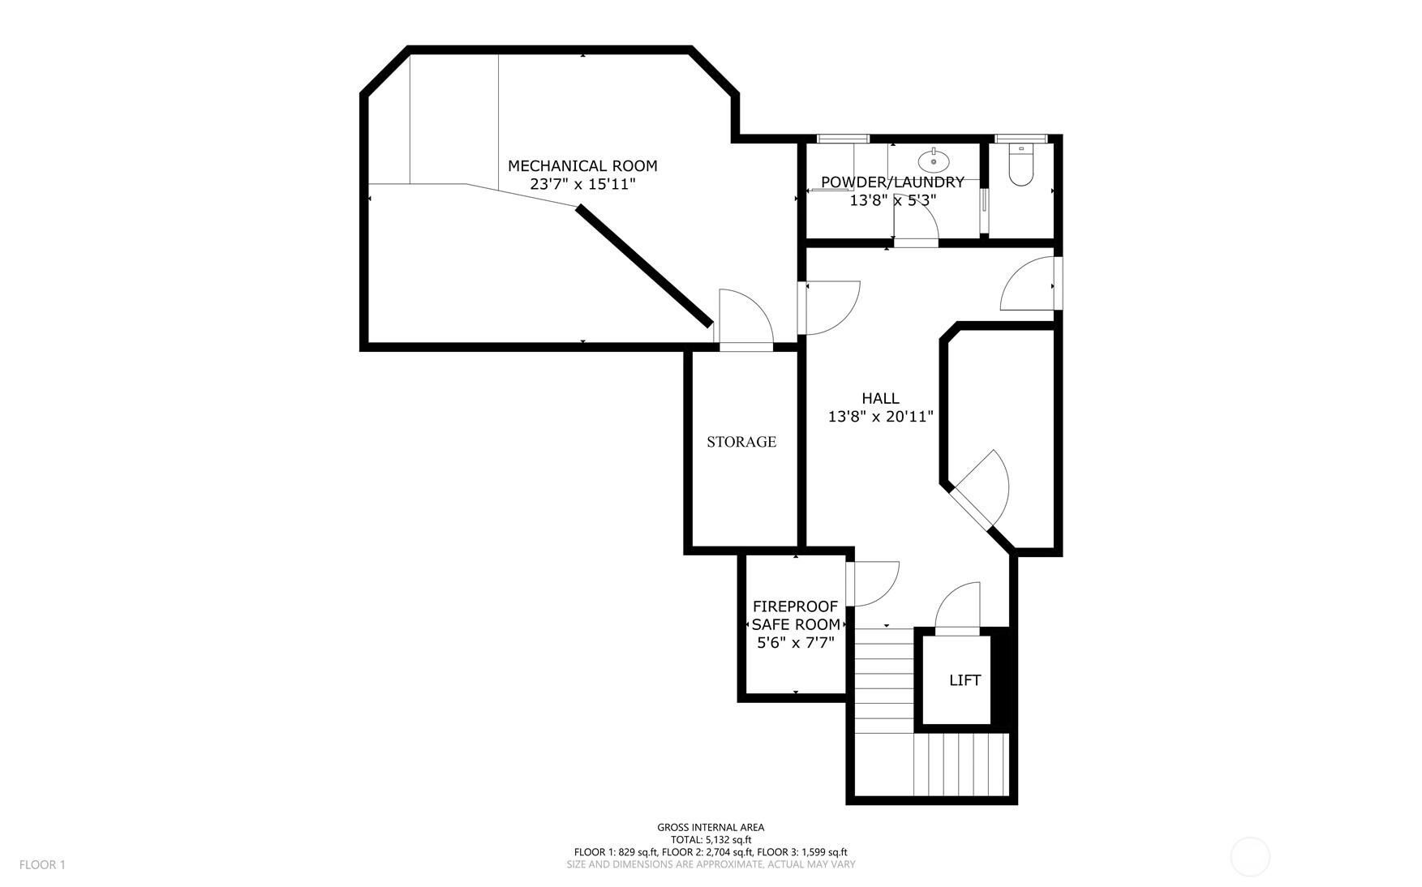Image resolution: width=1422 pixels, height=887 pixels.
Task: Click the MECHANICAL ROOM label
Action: [x=582, y=166]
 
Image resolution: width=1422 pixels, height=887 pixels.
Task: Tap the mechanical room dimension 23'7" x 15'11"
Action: [x=582, y=185]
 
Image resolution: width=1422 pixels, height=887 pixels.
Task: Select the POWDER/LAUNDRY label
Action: [x=892, y=182]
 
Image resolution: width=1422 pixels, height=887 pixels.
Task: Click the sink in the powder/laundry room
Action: [x=934, y=159]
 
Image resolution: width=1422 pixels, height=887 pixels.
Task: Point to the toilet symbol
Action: [x=1020, y=165]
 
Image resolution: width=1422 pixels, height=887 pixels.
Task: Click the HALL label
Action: [x=880, y=399]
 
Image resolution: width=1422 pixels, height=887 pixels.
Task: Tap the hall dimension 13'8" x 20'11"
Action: [x=880, y=418]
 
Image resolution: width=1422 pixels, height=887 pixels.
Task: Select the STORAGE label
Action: [x=741, y=442]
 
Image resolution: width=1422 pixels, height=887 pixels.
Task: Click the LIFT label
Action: [x=964, y=680]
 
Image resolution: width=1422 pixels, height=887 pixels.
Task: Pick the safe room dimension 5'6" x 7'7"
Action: [x=795, y=643]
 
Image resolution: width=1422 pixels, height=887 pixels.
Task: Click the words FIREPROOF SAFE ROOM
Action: [x=795, y=615]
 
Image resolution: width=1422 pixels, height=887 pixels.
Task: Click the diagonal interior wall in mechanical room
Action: [x=645, y=266]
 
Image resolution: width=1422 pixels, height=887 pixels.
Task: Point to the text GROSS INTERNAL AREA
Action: [x=711, y=828]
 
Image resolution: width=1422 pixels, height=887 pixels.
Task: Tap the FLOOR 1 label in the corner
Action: [x=42, y=865]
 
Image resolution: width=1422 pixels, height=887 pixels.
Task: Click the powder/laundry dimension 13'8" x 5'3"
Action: [x=892, y=199]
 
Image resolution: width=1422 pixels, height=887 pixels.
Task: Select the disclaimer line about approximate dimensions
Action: [x=711, y=864]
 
